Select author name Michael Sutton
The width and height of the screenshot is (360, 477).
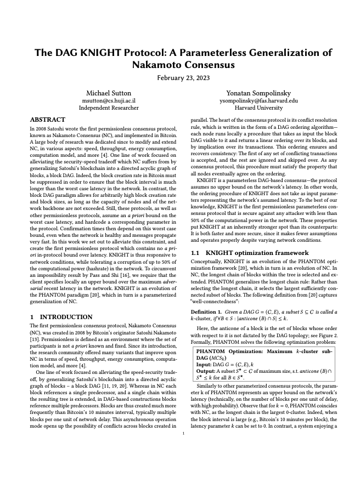[108, 93]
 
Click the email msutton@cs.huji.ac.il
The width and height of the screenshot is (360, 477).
[108, 101]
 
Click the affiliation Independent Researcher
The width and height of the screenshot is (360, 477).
[108, 108]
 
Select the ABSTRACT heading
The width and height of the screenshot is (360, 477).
[47, 119]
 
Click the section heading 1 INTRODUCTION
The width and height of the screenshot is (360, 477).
[61, 317]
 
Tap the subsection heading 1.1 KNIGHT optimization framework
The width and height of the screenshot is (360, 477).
[249, 253]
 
